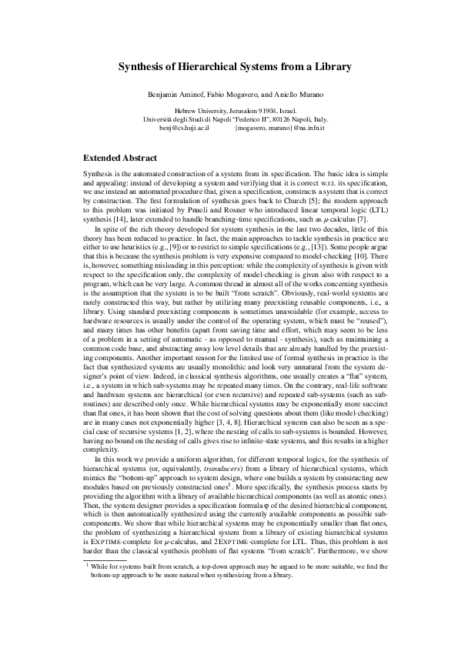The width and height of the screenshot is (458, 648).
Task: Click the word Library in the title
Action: pos(331,67)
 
